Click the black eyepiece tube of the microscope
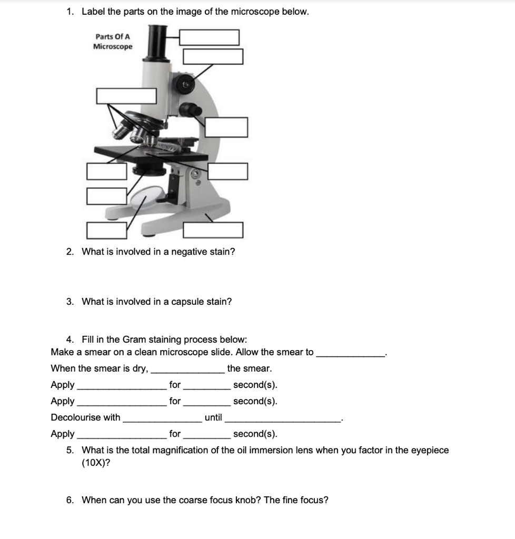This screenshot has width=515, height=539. (x=156, y=42)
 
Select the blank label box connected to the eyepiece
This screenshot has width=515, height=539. (x=209, y=37)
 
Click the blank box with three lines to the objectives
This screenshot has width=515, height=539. (x=126, y=96)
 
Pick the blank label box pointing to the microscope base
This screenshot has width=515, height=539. (x=213, y=230)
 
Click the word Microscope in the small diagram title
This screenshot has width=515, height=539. (x=113, y=46)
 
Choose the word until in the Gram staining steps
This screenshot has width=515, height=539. (x=213, y=417)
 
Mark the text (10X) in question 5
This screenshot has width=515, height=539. (x=96, y=463)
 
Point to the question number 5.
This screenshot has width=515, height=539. (x=70, y=450)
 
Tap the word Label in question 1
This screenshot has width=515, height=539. (x=94, y=12)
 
